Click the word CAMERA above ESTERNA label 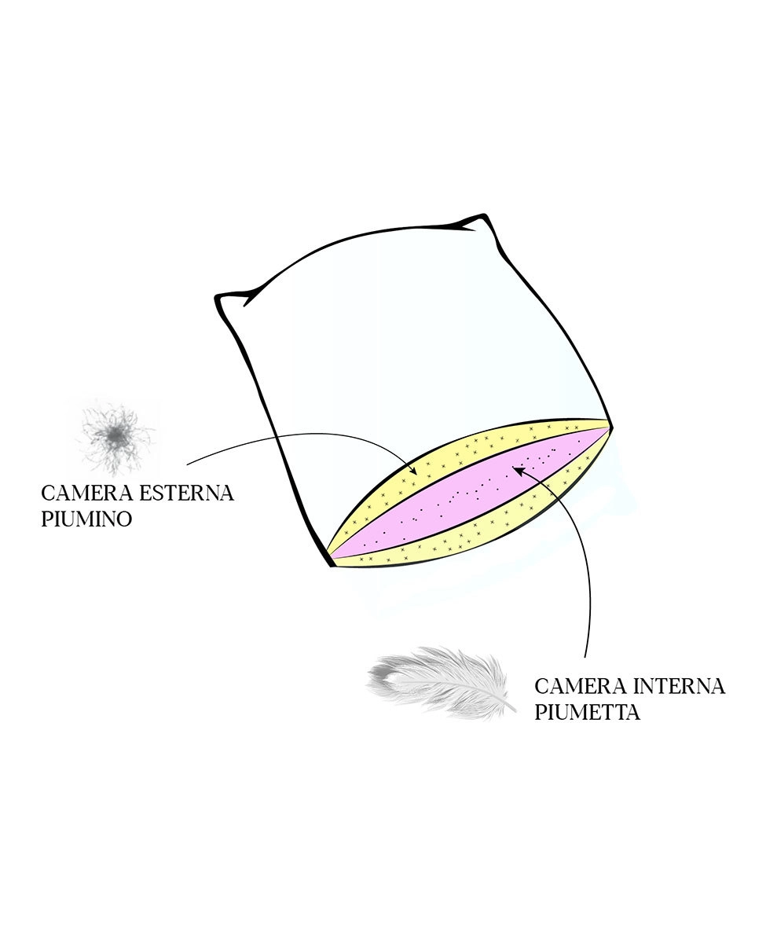(x=87, y=494)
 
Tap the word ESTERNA (x=187, y=494)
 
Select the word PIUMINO (x=86, y=519)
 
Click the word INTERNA (x=680, y=687)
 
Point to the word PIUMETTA (x=587, y=712)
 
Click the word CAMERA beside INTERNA (x=581, y=687)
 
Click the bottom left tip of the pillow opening (x=331, y=565)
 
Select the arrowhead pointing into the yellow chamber (x=413, y=470)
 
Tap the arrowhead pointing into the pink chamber (x=519, y=470)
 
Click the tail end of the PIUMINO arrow (x=187, y=464)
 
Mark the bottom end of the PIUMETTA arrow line (x=585, y=657)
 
